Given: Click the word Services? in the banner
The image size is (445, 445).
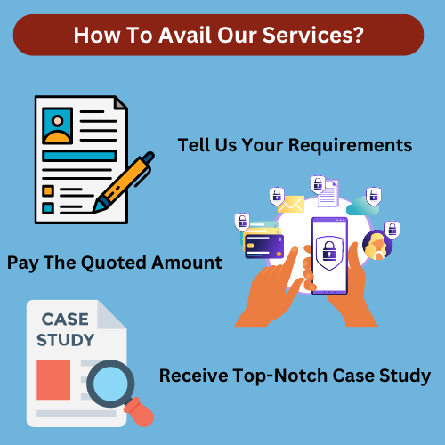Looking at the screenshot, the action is coord(313,35).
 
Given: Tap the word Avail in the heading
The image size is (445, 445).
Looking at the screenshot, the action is coord(185,35).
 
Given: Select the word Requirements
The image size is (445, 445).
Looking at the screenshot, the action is coord(351,146).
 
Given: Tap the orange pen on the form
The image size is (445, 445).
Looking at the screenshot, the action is coord(123,182).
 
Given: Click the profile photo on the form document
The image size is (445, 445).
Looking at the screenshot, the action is coord(58,125).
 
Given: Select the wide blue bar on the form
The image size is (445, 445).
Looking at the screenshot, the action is coord(79,156).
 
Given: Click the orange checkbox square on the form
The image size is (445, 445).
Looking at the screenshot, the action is coord(48,190).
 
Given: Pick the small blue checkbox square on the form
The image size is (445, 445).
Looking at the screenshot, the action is coord(48,208).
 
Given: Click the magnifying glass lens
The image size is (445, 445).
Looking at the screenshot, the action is coord(110,384).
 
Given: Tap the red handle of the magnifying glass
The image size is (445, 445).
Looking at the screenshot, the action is coord(139,412).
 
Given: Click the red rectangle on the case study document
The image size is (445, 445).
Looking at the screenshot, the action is coord(53,380).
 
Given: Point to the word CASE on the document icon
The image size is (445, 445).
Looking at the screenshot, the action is coord(65,320).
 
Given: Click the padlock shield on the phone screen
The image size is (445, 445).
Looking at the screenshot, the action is coord(329,253).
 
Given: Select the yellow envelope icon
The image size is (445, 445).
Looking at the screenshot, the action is coord(291,204).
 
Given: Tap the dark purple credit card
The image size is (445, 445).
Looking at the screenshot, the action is coord(264,247).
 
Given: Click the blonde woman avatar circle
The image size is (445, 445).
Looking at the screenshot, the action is coord(377,245).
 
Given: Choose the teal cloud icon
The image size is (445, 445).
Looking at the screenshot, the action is coord(362,206).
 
